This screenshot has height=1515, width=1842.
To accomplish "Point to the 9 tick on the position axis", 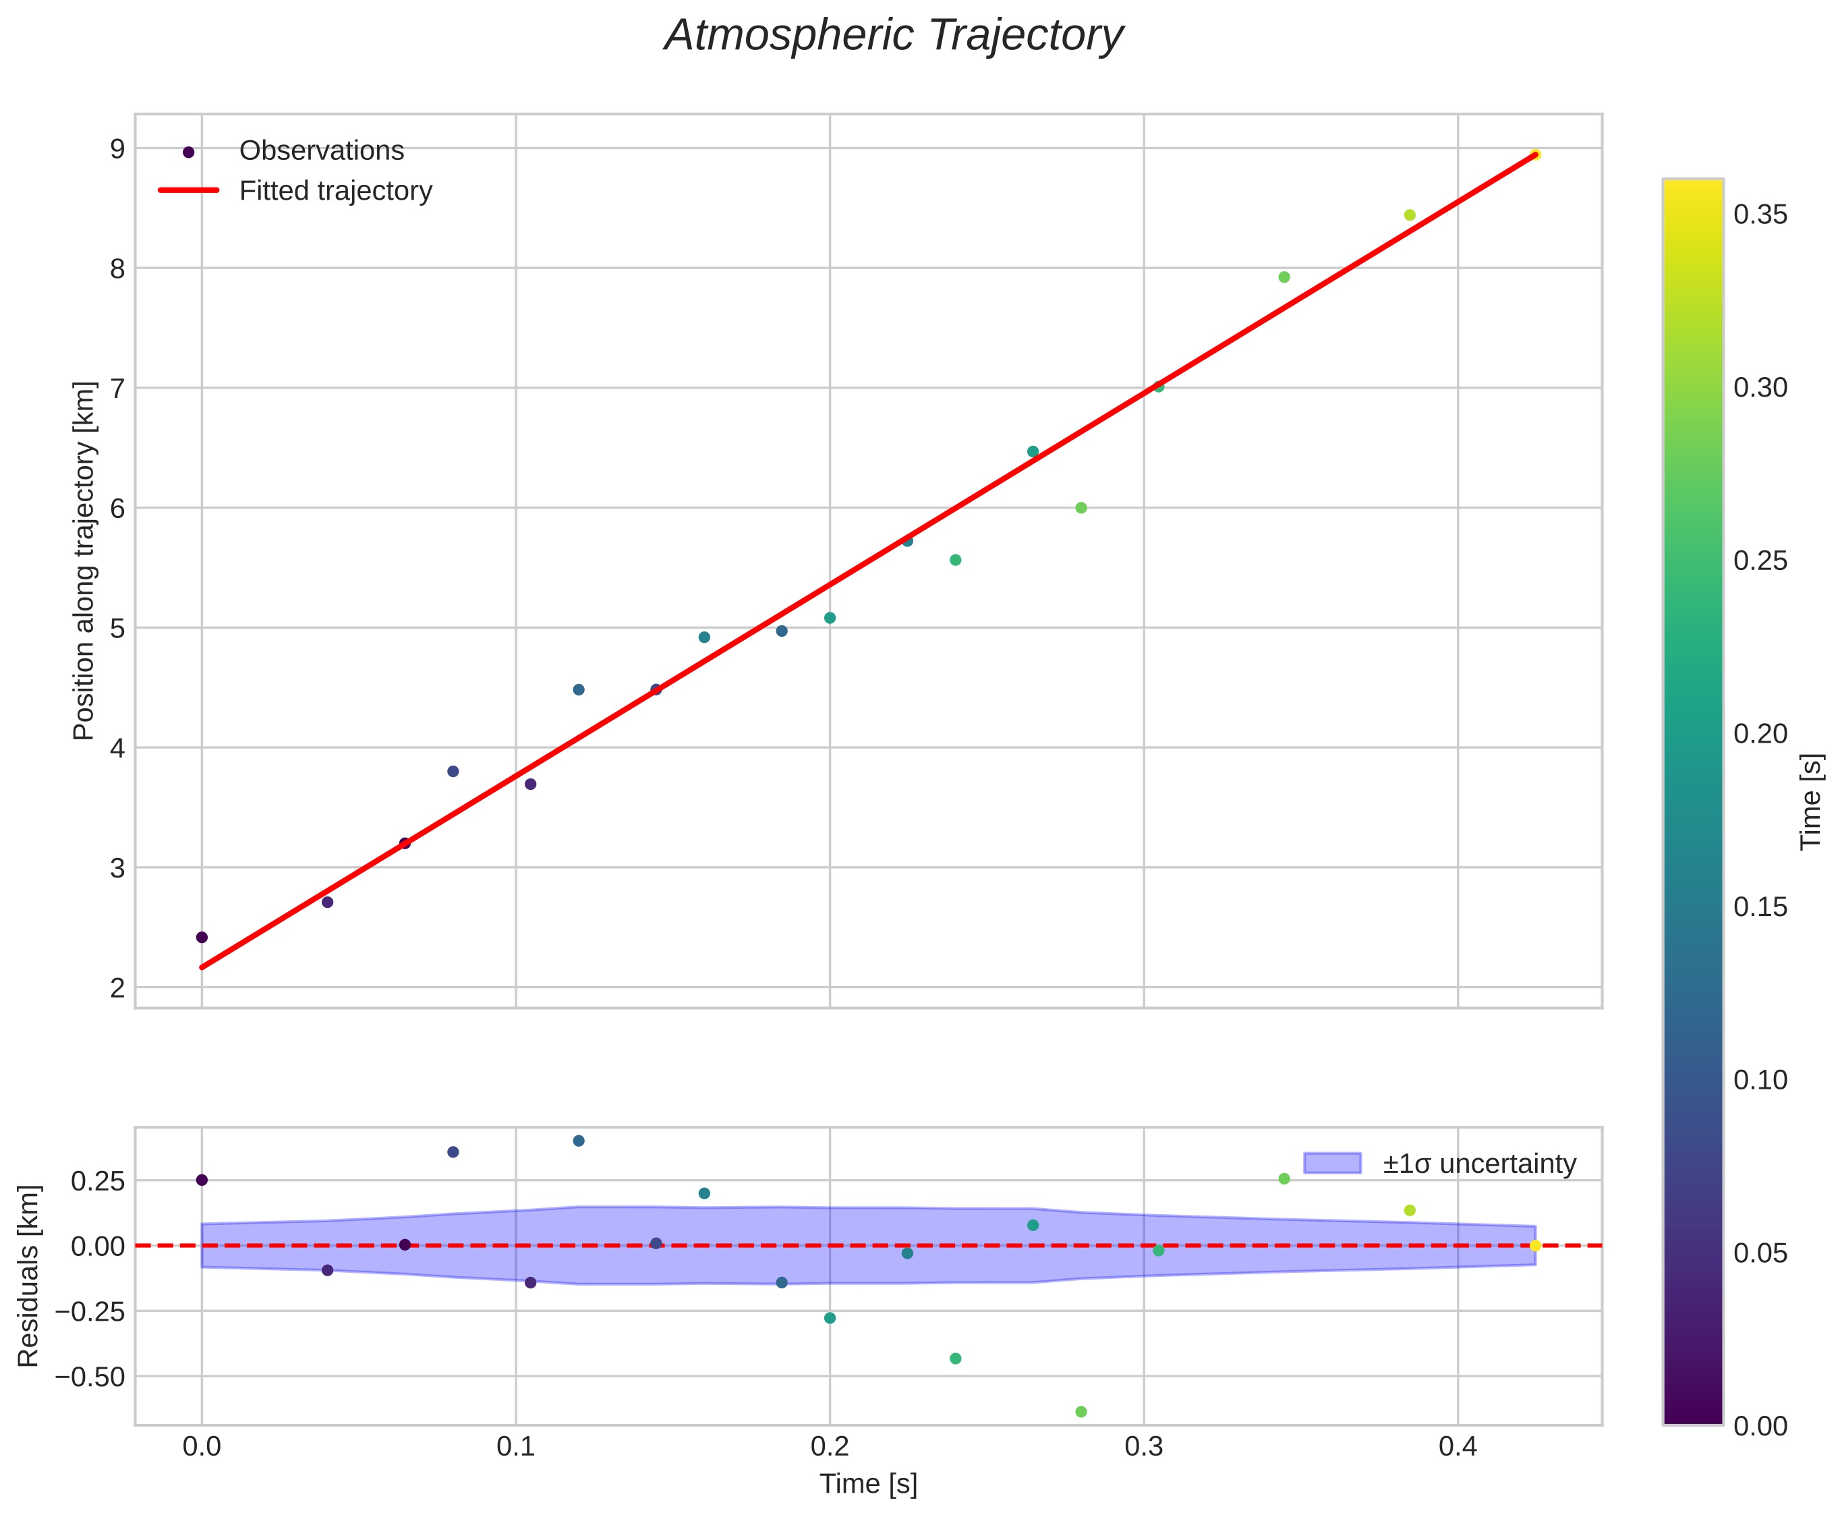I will click(x=117, y=149).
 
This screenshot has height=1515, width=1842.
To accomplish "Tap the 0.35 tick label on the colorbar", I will click(x=1759, y=215).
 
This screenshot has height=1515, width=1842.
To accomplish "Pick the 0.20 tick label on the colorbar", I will click(x=1759, y=734).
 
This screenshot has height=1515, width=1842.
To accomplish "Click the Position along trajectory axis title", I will click(x=84, y=561).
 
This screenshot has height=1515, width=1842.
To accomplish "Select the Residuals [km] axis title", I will click(x=29, y=1276).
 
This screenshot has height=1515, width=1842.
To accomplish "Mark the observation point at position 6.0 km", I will click(x=1081, y=508).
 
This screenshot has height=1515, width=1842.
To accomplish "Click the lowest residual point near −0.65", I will click(x=1081, y=1411).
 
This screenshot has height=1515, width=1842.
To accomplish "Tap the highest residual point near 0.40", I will click(x=579, y=1141).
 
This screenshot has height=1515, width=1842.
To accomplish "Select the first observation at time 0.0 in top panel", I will click(x=202, y=938).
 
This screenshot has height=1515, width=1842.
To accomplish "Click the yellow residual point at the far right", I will click(x=1535, y=1245).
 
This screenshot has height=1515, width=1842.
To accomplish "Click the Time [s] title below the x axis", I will click(x=868, y=1485).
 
